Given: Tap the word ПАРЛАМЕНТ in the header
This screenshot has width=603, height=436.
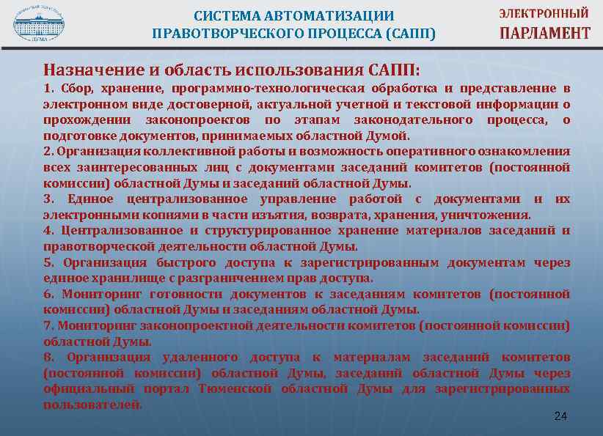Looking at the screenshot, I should [545, 33].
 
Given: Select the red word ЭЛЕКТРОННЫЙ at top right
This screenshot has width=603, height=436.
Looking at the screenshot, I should [545, 14].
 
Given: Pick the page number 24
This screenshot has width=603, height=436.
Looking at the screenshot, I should [560, 416].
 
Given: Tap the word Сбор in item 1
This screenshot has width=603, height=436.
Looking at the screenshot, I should [76, 88].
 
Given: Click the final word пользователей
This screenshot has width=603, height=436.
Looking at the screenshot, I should [92, 404].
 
